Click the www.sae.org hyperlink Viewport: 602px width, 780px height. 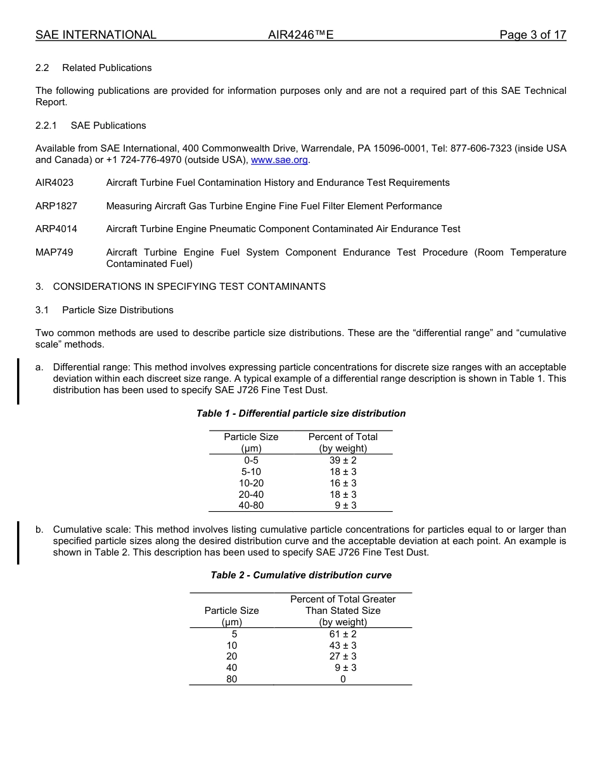pyautogui.click(x=279, y=160)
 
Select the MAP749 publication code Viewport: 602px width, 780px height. pyautogui.click(x=54, y=252)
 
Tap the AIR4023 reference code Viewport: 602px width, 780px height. pyautogui.click(x=54, y=183)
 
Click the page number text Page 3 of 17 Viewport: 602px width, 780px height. pyautogui.click(x=532, y=35)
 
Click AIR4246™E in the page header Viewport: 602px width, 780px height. pyautogui.click(x=300, y=35)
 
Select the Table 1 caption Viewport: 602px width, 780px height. pyautogui.click(x=301, y=413)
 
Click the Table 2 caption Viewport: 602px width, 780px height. pyautogui.click(x=301, y=575)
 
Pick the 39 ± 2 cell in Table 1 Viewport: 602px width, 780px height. pyautogui.click(x=343, y=460)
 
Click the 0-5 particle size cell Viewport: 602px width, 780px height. pyautogui.click(x=251, y=460)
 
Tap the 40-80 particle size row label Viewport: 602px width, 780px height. pyautogui.click(x=251, y=505)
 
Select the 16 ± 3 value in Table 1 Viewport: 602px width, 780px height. pyautogui.click(x=343, y=483)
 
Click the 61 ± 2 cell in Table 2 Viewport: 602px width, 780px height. pyautogui.click(x=343, y=634)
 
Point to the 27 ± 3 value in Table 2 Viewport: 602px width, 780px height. pyautogui.click(x=343, y=656)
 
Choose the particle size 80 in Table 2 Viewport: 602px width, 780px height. pyautogui.click(x=232, y=679)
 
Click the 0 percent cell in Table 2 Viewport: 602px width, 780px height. pyautogui.click(x=343, y=679)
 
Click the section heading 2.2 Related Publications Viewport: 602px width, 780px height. pyautogui.click(x=94, y=68)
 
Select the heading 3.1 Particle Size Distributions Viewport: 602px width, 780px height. pyautogui.click(x=105, y=310)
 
